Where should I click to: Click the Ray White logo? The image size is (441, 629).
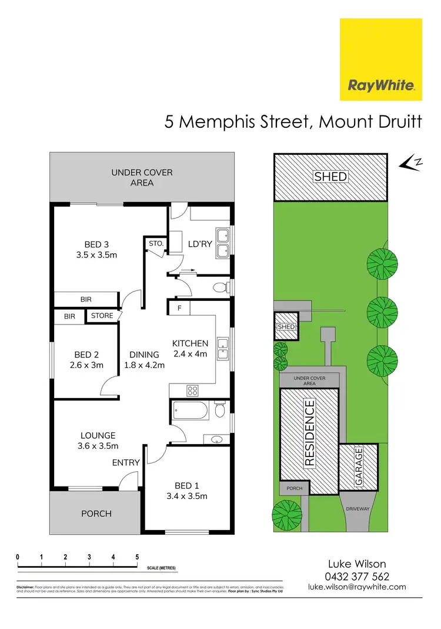(381, 59)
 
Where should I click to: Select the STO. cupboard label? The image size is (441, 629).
(156, 242)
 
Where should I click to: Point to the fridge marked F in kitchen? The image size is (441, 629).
(179, 307)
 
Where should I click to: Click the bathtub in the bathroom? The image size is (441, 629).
(189, 410)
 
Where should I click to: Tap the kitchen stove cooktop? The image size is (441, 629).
(193, 390)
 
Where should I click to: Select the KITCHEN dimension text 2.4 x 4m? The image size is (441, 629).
(191, 354)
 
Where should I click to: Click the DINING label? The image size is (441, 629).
(144, 355)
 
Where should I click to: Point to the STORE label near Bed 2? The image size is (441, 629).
(102, 316)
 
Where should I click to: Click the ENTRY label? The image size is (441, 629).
(126, 462)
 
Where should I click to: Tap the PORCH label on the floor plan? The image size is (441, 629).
(96, 514)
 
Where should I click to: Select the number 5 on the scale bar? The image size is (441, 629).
(137, 557)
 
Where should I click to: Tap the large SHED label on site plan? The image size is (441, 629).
(330, 177)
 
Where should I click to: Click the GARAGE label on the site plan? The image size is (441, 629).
(359, 466)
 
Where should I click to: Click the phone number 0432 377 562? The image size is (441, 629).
(358, 577)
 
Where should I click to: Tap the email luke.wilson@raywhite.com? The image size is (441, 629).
(358, 587)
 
